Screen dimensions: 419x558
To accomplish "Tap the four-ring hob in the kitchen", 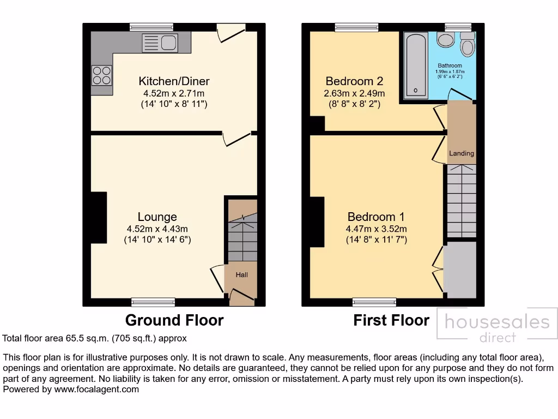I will (101, 75).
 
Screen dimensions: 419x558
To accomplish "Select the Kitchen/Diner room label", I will (174, 81).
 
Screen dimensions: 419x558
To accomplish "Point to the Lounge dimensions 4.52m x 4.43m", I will (157, 229).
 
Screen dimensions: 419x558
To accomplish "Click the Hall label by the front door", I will (241, 275).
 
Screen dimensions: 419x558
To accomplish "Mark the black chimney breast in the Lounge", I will (99, 217).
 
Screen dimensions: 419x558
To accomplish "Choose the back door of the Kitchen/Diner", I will (229, 33).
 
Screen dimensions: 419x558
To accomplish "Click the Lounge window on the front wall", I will (153, 302).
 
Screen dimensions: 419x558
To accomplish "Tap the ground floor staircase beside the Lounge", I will (242, 232).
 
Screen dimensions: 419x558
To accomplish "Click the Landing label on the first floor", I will (462, 153).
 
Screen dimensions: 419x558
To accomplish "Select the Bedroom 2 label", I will (354, 81).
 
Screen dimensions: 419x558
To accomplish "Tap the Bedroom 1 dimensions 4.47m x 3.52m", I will (376, 229).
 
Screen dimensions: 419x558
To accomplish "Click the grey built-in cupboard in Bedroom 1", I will (460, 270).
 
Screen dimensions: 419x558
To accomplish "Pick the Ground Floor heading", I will (174, 320).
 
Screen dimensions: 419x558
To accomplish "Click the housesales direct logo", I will (497, 327).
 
